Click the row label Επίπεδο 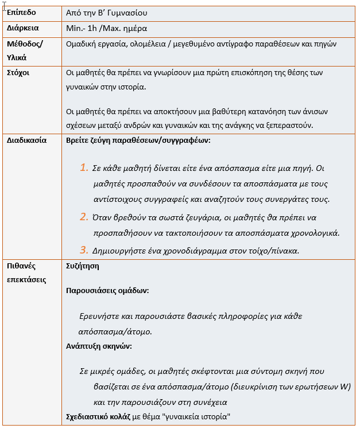(x=21, y=12)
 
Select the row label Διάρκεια (x=23, y=28)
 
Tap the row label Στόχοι (x=18, y=73)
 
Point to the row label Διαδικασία (x=27, y=140)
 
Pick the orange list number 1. (x=84, y=167)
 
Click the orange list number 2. (x=84, y=217)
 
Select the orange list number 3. (x=84, y=249)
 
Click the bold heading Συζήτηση (x=83, y=266)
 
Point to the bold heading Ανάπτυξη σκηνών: (x=99, y=346)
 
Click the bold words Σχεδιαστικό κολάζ (x=99, y=416)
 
